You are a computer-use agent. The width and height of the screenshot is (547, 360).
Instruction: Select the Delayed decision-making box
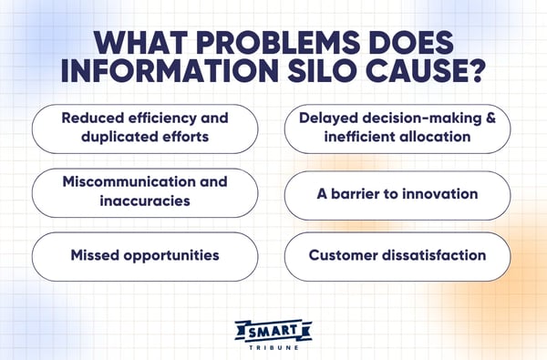click(397, 128)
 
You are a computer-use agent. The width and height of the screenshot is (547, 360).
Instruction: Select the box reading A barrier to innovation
click(397, 193)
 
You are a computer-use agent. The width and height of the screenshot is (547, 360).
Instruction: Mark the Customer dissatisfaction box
click(397, 255)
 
